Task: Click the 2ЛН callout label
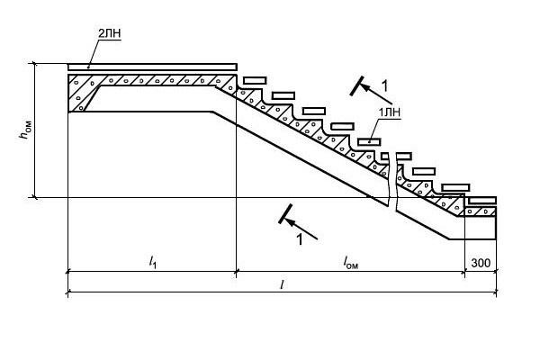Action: [x=110, y=33]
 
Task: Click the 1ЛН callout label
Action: [x=390, y=112]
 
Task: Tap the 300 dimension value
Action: [x=481, y=263]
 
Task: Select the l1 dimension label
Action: [x=153, y=263]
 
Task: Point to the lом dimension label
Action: [x=351, y=263]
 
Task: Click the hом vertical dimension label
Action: [x=25, y=130]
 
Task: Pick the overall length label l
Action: [x=282, y=284]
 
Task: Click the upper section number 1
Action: [x=384, y=85]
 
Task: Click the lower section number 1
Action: [x=300, y=239]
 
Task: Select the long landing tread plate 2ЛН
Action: [x=152, y=67]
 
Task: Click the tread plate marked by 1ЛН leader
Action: [x=369, y=141]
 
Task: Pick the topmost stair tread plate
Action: [x=255, y=81]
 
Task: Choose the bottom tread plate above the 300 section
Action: [x=482, y=201]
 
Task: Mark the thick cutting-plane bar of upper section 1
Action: [x=356, y=85]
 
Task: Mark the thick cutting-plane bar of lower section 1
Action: [x=285, y=214]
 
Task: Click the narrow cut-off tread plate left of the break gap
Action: [x=385, y=156]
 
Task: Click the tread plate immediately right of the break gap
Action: [x=404, y=157]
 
